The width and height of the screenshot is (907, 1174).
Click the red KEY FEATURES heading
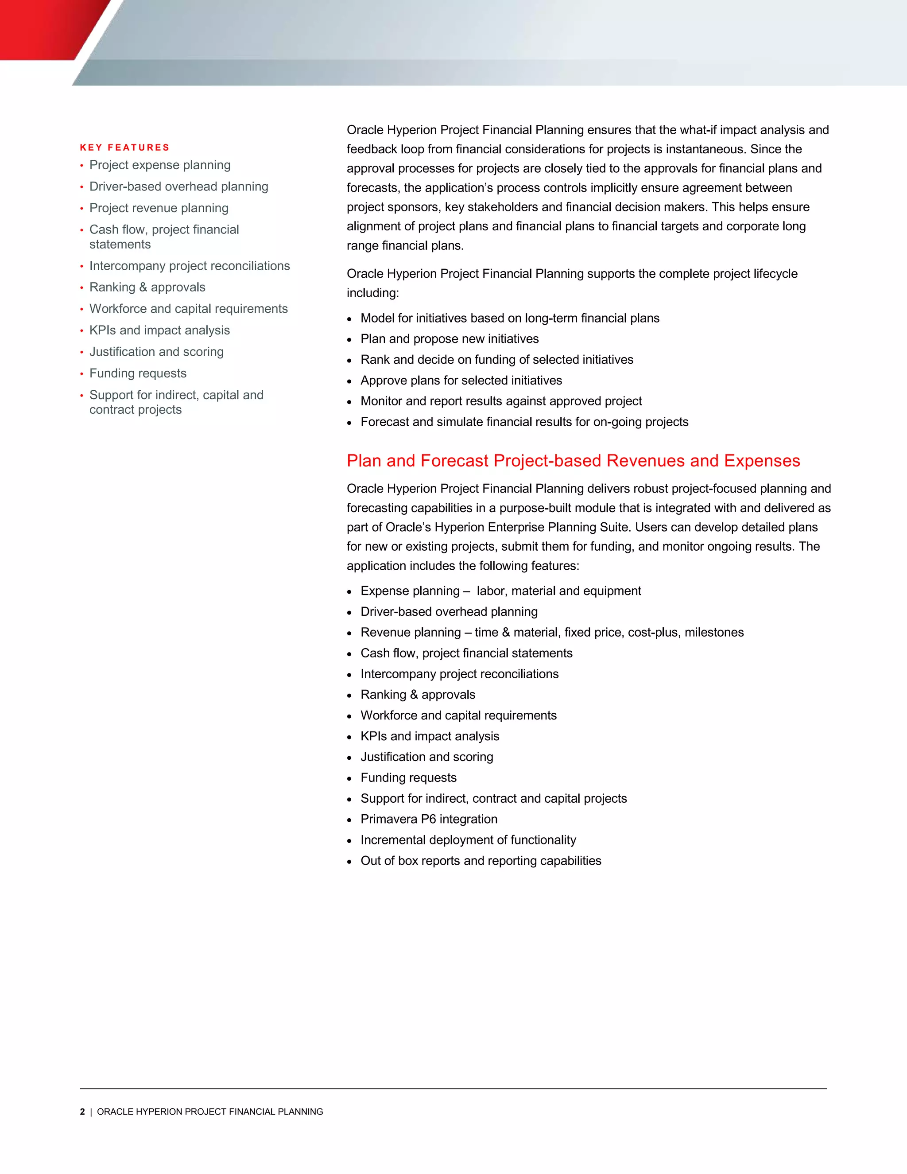[124, 147]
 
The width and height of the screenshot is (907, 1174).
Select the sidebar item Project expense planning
[159, 165]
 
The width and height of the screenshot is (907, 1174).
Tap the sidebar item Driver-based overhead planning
[178, 187]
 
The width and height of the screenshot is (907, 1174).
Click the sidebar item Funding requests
[138, 373]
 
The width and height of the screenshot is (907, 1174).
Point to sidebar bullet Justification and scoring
[156, 352]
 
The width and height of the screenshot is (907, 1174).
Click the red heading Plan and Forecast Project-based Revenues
[573, 461]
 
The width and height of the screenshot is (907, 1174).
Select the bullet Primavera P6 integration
[429, 819]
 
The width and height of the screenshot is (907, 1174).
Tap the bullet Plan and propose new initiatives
[449, 338]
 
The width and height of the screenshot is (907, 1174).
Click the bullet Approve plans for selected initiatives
[461, 380]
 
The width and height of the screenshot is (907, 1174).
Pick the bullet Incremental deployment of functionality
[468, 840]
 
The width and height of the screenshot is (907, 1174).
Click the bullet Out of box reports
[481, 861]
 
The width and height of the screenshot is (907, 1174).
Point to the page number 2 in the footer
[82, 1112]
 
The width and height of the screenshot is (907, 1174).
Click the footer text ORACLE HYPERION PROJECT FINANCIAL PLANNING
[210, 1112]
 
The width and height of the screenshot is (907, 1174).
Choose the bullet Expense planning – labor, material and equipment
[500, 591]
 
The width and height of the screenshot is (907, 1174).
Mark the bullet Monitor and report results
[501, 401]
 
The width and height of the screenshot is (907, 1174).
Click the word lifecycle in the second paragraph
[775, 274]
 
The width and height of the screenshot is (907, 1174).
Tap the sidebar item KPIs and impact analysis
[159, 330]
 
